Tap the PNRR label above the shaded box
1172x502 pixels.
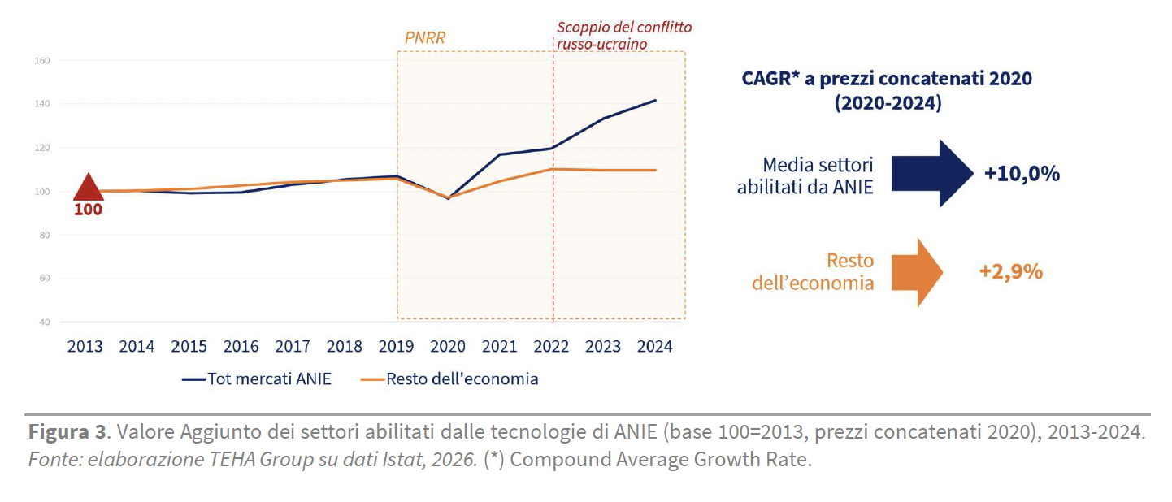coord(425,37)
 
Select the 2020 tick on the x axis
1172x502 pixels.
coord(448,346)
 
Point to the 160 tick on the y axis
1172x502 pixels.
coord(42,61)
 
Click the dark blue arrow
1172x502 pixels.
coord(932,173)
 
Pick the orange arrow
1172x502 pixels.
coord(917,272)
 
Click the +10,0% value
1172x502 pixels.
coord(1022,174)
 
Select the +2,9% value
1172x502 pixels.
coord(1011,272)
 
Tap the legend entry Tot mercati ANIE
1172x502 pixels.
coord(256,379)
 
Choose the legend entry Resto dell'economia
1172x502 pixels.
coord(449,379)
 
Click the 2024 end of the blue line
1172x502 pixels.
coord(656,101)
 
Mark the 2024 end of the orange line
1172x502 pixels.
coord(656,170)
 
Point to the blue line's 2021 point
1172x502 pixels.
coord(500,154)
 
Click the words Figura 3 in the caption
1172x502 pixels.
coord(67,432)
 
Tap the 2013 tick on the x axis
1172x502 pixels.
coord(85,346)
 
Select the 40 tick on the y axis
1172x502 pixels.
coord(45,322)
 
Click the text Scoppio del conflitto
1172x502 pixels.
coord(624,27)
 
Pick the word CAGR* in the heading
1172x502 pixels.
coord(770,79)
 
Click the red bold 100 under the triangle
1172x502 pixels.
coord(88,210)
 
